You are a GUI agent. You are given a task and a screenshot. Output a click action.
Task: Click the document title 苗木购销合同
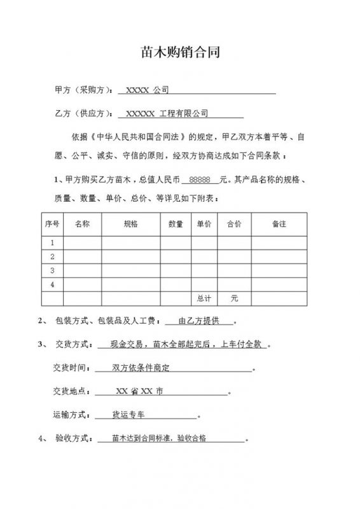pyautogui.click(x=180, y=53)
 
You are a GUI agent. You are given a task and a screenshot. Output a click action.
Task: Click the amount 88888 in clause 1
pyautogui.click(x=200, y=180)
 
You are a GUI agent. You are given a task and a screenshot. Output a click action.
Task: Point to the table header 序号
pyautogui.click(x=52, y=224)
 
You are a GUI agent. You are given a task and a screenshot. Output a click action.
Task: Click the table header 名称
pyautogui.click(x=83, y=224)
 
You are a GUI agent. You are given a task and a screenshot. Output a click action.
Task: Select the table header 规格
pyautogui.click(x=130, y=224)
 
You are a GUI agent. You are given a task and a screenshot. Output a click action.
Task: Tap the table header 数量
pyautogui.click(x=176, y=224)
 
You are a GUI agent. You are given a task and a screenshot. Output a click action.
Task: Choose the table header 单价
pyautogui.click(x=204, y=224)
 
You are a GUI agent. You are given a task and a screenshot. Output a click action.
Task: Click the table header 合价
pyautogui.click(x=234, y=224)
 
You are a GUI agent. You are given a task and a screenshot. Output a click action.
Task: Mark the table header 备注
pyautogui.click(x=279, y=224)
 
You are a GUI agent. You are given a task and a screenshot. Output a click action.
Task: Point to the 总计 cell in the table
pyautogui.click(x=204, y=298)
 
